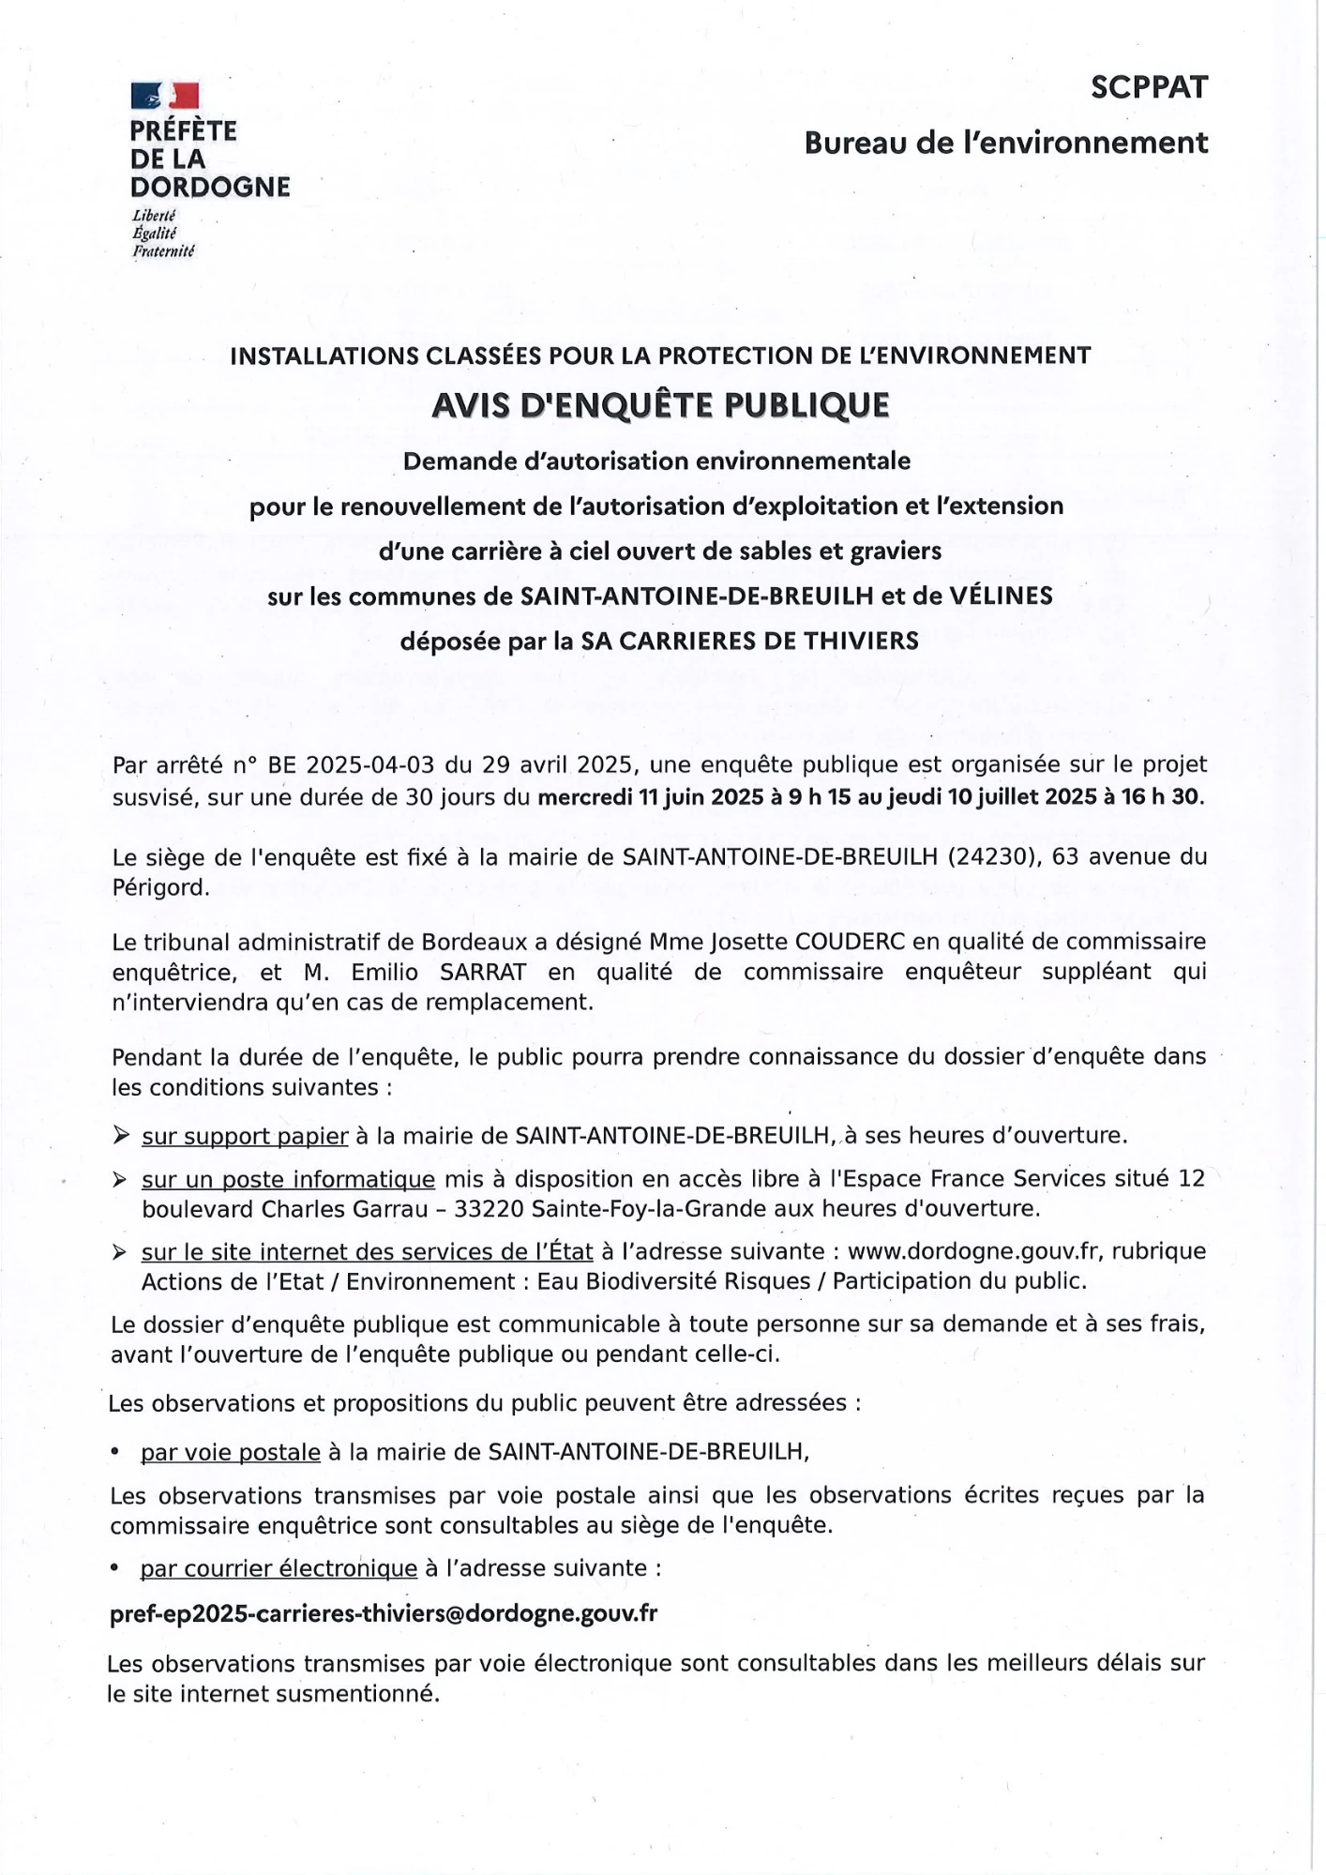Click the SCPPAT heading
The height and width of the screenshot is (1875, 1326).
tap(1149, 87)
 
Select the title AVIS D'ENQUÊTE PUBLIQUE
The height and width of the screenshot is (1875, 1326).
tap(660, 405)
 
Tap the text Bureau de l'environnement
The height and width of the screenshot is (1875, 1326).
tap(1005, 143)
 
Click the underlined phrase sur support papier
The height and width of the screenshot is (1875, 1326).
tap(245, 1136)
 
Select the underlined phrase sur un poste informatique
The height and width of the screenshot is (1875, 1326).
tap(288, 1179)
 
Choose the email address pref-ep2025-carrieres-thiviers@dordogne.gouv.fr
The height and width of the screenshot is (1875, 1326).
tap(384, 1613)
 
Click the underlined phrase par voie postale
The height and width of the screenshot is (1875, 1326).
tap(231, 1452)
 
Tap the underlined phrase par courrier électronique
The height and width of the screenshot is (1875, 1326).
tap(279, 1568)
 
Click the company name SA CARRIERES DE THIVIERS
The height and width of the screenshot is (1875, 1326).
tap(749, 641)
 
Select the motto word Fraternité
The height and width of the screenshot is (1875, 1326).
tap(163, 250)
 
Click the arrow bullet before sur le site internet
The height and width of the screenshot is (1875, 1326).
tap(120, 1252)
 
